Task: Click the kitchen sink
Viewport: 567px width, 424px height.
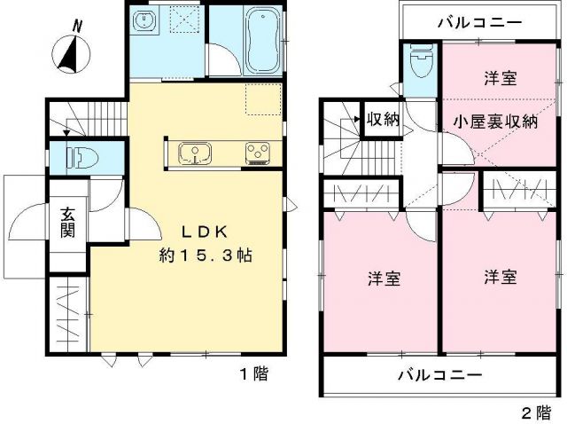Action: pos(193,153)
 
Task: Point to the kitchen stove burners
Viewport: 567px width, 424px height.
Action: pos(259,153)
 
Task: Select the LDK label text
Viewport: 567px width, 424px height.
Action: pos(206,232)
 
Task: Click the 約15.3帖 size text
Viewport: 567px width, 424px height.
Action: pos(206,255)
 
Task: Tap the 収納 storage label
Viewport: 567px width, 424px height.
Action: pos(383,119)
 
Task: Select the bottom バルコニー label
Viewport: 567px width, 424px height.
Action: pos(439,375)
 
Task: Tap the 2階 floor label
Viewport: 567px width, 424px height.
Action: pos(534,412)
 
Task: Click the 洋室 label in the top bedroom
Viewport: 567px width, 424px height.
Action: pos(499,78)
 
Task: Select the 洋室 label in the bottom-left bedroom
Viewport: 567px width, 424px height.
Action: pos(384,279)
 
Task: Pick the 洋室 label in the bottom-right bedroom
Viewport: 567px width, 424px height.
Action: pos(501,278)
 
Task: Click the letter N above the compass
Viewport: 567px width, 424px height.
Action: pos(77,27)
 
